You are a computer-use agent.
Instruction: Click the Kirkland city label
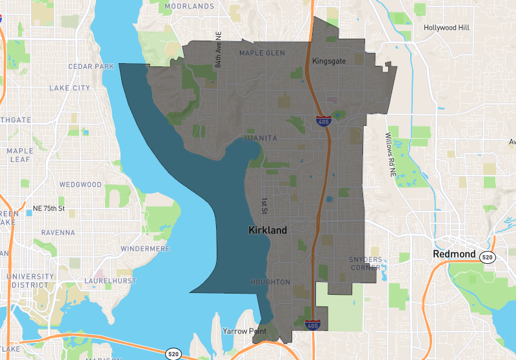(268, 230)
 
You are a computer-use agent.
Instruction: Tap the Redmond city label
(454, 254)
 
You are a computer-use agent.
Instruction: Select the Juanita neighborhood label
(260, 138)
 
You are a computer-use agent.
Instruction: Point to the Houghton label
(271, 282)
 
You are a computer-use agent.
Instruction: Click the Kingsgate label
(329, 61)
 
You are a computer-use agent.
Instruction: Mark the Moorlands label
(190, 6)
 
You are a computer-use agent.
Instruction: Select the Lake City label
(70, 88)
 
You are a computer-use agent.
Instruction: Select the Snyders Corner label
(366, 263)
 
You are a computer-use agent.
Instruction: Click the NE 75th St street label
(49, 208)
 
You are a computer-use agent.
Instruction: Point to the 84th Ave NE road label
(218, 52)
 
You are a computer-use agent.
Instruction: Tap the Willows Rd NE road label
(389, 155)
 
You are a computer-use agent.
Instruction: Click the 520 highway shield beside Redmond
(488, 257)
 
